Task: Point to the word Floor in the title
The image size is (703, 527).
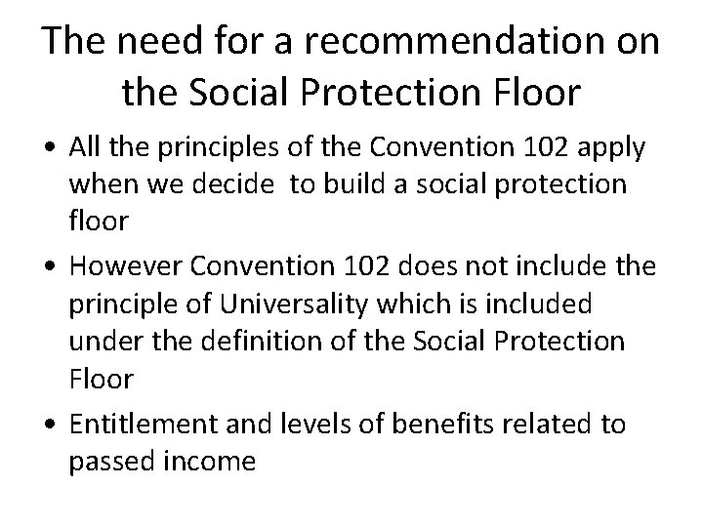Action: tap(535, 93)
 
